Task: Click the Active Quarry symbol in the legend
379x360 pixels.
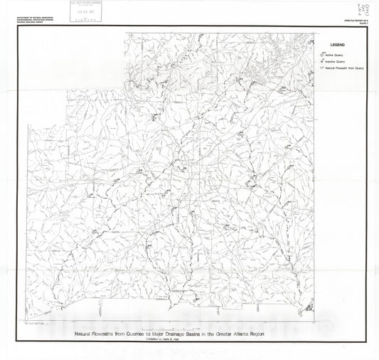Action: point(321,54)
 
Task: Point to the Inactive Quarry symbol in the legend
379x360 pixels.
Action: point(321,61)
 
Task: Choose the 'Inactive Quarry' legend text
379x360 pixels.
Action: point(336,62)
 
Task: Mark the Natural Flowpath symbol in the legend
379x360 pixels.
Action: point(321,68)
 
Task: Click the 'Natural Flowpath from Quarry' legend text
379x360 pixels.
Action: point(345,68)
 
